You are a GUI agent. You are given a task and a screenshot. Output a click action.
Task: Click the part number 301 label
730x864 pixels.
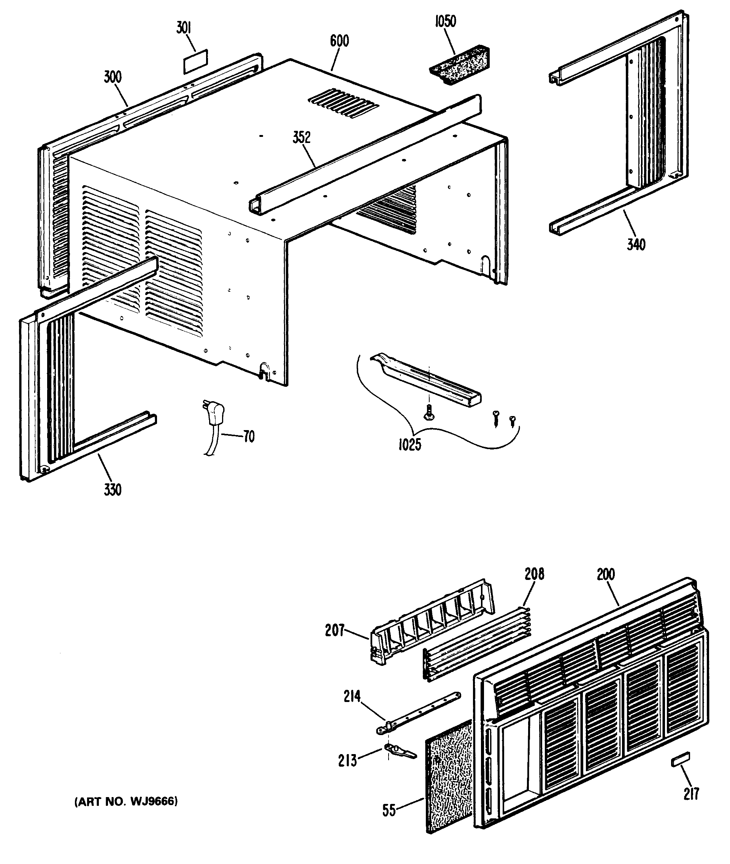tap(183, 30)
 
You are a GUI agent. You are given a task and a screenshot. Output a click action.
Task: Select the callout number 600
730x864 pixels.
tap(340, 41)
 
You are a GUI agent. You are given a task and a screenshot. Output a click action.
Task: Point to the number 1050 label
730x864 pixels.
tap(445, 22)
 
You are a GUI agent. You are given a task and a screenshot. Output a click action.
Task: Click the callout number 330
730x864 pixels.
tap(113, 490)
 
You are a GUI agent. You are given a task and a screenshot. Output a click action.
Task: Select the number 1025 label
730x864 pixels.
tap(409, 445)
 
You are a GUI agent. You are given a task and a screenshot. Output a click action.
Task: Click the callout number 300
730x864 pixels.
tap(113, 76)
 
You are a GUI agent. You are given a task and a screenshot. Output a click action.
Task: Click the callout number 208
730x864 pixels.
tap(534, 574)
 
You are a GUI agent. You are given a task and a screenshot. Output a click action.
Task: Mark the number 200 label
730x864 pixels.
tap(606, 574)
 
